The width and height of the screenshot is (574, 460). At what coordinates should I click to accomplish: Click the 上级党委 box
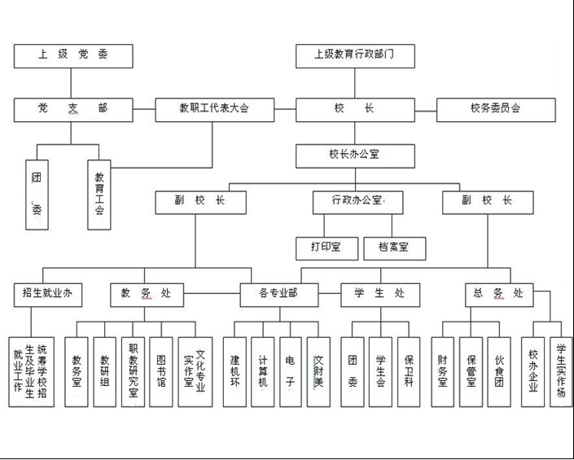click(73, 56)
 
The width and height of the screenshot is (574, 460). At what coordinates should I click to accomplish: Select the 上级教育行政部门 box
click(355, 56)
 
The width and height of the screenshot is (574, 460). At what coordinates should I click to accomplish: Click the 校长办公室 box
click(355, 155)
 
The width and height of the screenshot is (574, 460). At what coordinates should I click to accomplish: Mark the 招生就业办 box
click(48, 294)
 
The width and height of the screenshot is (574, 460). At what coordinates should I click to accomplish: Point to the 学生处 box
click(381, 294)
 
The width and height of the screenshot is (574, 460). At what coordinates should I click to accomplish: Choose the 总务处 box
click(499, 294)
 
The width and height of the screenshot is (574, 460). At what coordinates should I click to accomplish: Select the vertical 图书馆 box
click(161, 371)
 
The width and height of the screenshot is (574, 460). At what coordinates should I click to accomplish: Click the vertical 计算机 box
click(262, 371)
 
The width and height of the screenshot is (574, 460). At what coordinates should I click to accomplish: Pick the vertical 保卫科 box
click(409, 371)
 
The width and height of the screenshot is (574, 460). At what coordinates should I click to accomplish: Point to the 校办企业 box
click(534, 371)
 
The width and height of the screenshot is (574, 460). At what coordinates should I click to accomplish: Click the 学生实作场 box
click(561, 371)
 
